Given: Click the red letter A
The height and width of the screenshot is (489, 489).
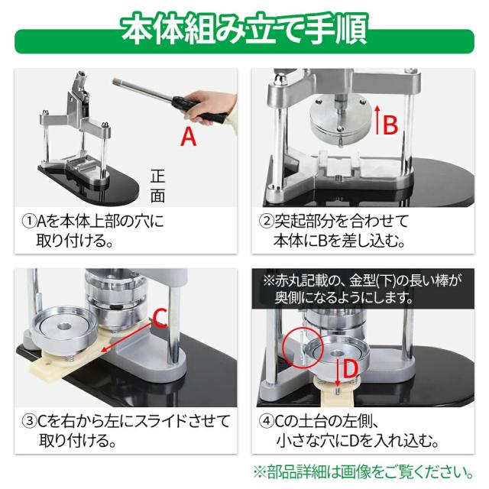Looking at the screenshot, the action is pos(189,137).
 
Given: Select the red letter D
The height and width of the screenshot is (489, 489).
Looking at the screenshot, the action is pos(350,369).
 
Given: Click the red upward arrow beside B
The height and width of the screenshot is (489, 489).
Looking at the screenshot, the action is pos(377,119).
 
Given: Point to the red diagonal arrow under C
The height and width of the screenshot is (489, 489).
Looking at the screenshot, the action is pos(128,338).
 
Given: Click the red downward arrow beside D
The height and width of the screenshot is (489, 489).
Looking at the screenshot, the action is pos(338,372).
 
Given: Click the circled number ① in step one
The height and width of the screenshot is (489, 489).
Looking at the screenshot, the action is pos(29,221).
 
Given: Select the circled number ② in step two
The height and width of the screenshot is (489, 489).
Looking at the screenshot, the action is pos(267,221).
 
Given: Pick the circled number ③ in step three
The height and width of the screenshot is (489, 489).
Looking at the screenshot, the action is pos(29,421).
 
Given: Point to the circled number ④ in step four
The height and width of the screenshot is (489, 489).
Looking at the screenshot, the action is pos(267,421).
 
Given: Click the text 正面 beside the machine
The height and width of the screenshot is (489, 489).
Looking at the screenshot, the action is pos(157,186).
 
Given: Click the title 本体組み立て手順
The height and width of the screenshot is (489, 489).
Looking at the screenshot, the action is pos(244,29).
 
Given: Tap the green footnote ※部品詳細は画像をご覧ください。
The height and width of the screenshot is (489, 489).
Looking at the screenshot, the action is pos(364,472).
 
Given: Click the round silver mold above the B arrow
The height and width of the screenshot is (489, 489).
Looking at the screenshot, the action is pos(340,118).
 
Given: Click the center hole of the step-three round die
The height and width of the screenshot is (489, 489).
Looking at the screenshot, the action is pos(64,326).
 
